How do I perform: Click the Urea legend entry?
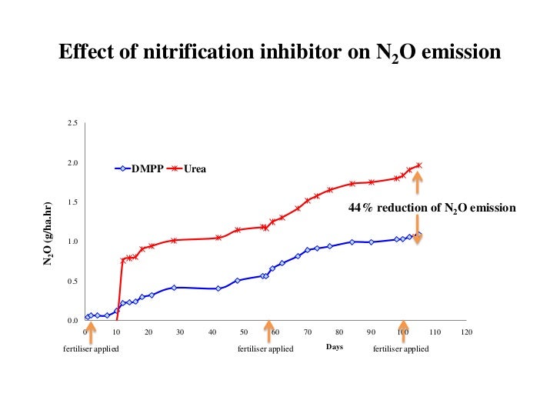click(188, 168)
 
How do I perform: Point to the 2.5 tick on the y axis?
click(72, 123)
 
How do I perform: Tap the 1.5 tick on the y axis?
click(72, 202)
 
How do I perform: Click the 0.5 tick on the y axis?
click(72, 282)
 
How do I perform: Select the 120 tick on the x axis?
click(466, 332)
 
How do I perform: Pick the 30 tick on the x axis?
click(181, 332)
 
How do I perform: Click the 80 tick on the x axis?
click(339, 332)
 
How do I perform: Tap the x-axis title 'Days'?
click(334, 348)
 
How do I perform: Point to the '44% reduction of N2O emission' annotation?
click(432, 208)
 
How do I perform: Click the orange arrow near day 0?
click(91, 332)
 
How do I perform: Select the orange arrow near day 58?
click(268, 332)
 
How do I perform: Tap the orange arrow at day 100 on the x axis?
click(402, 332)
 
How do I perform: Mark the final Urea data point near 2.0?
click(419, 165)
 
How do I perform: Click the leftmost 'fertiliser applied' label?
click(91, 348)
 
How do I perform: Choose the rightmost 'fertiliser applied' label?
click(401, 348)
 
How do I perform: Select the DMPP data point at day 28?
click(175, 287)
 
